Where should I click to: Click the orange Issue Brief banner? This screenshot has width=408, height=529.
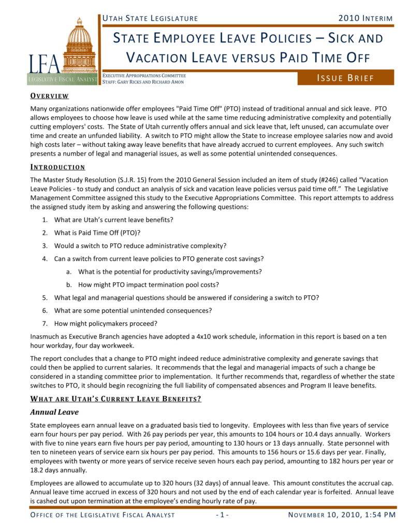[x=345, y=78]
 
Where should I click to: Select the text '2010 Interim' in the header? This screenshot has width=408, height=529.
[x=365, y=18]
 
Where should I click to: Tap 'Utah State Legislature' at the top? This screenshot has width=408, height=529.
[x=150, y=18]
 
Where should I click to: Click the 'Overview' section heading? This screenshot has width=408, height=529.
[x=50, y=96]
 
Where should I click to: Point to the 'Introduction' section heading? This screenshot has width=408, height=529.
[x=57, y=167]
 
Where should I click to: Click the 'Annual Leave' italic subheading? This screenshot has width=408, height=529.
[x=54, y=412]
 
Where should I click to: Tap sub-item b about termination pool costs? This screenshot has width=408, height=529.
[x=149, y=284]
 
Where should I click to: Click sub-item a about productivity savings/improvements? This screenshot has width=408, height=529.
[x=170, y=271]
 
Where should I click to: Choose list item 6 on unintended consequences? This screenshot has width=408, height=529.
[x=133, y=310]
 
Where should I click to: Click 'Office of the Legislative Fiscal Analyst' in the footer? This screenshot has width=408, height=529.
[x=103, y=514]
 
